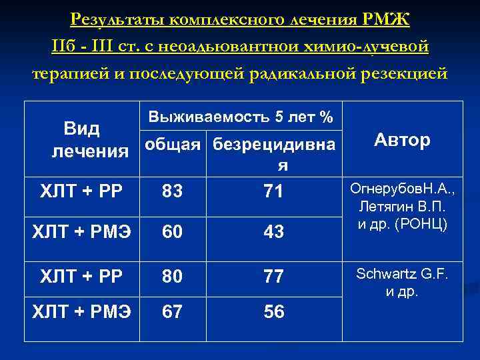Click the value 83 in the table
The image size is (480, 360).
coord(172,192)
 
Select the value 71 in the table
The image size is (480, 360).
coord(273,192)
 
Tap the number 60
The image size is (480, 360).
coord(172,232)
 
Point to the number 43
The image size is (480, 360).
coord(273,232)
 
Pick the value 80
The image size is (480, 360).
coord(172,276)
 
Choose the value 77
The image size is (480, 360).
coord(273,276)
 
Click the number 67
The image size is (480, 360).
coord(172,311)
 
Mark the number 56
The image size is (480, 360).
coord(273,311)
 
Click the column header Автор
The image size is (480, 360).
coord(402,140)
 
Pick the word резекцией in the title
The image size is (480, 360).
coord(414,73)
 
